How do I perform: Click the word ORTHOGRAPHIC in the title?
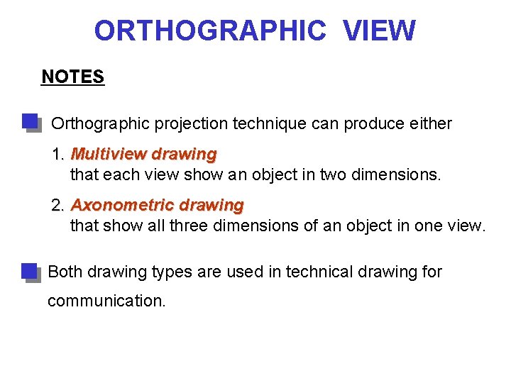click(210, 30)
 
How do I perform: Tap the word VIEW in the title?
click(380, 30)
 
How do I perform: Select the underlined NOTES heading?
click(73, 77)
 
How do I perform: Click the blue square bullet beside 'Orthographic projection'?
click(31, 122)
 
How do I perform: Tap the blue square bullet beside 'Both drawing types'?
click(29, 272)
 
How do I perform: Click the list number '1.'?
click(59, 154)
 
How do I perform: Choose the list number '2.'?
click(59, 206)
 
